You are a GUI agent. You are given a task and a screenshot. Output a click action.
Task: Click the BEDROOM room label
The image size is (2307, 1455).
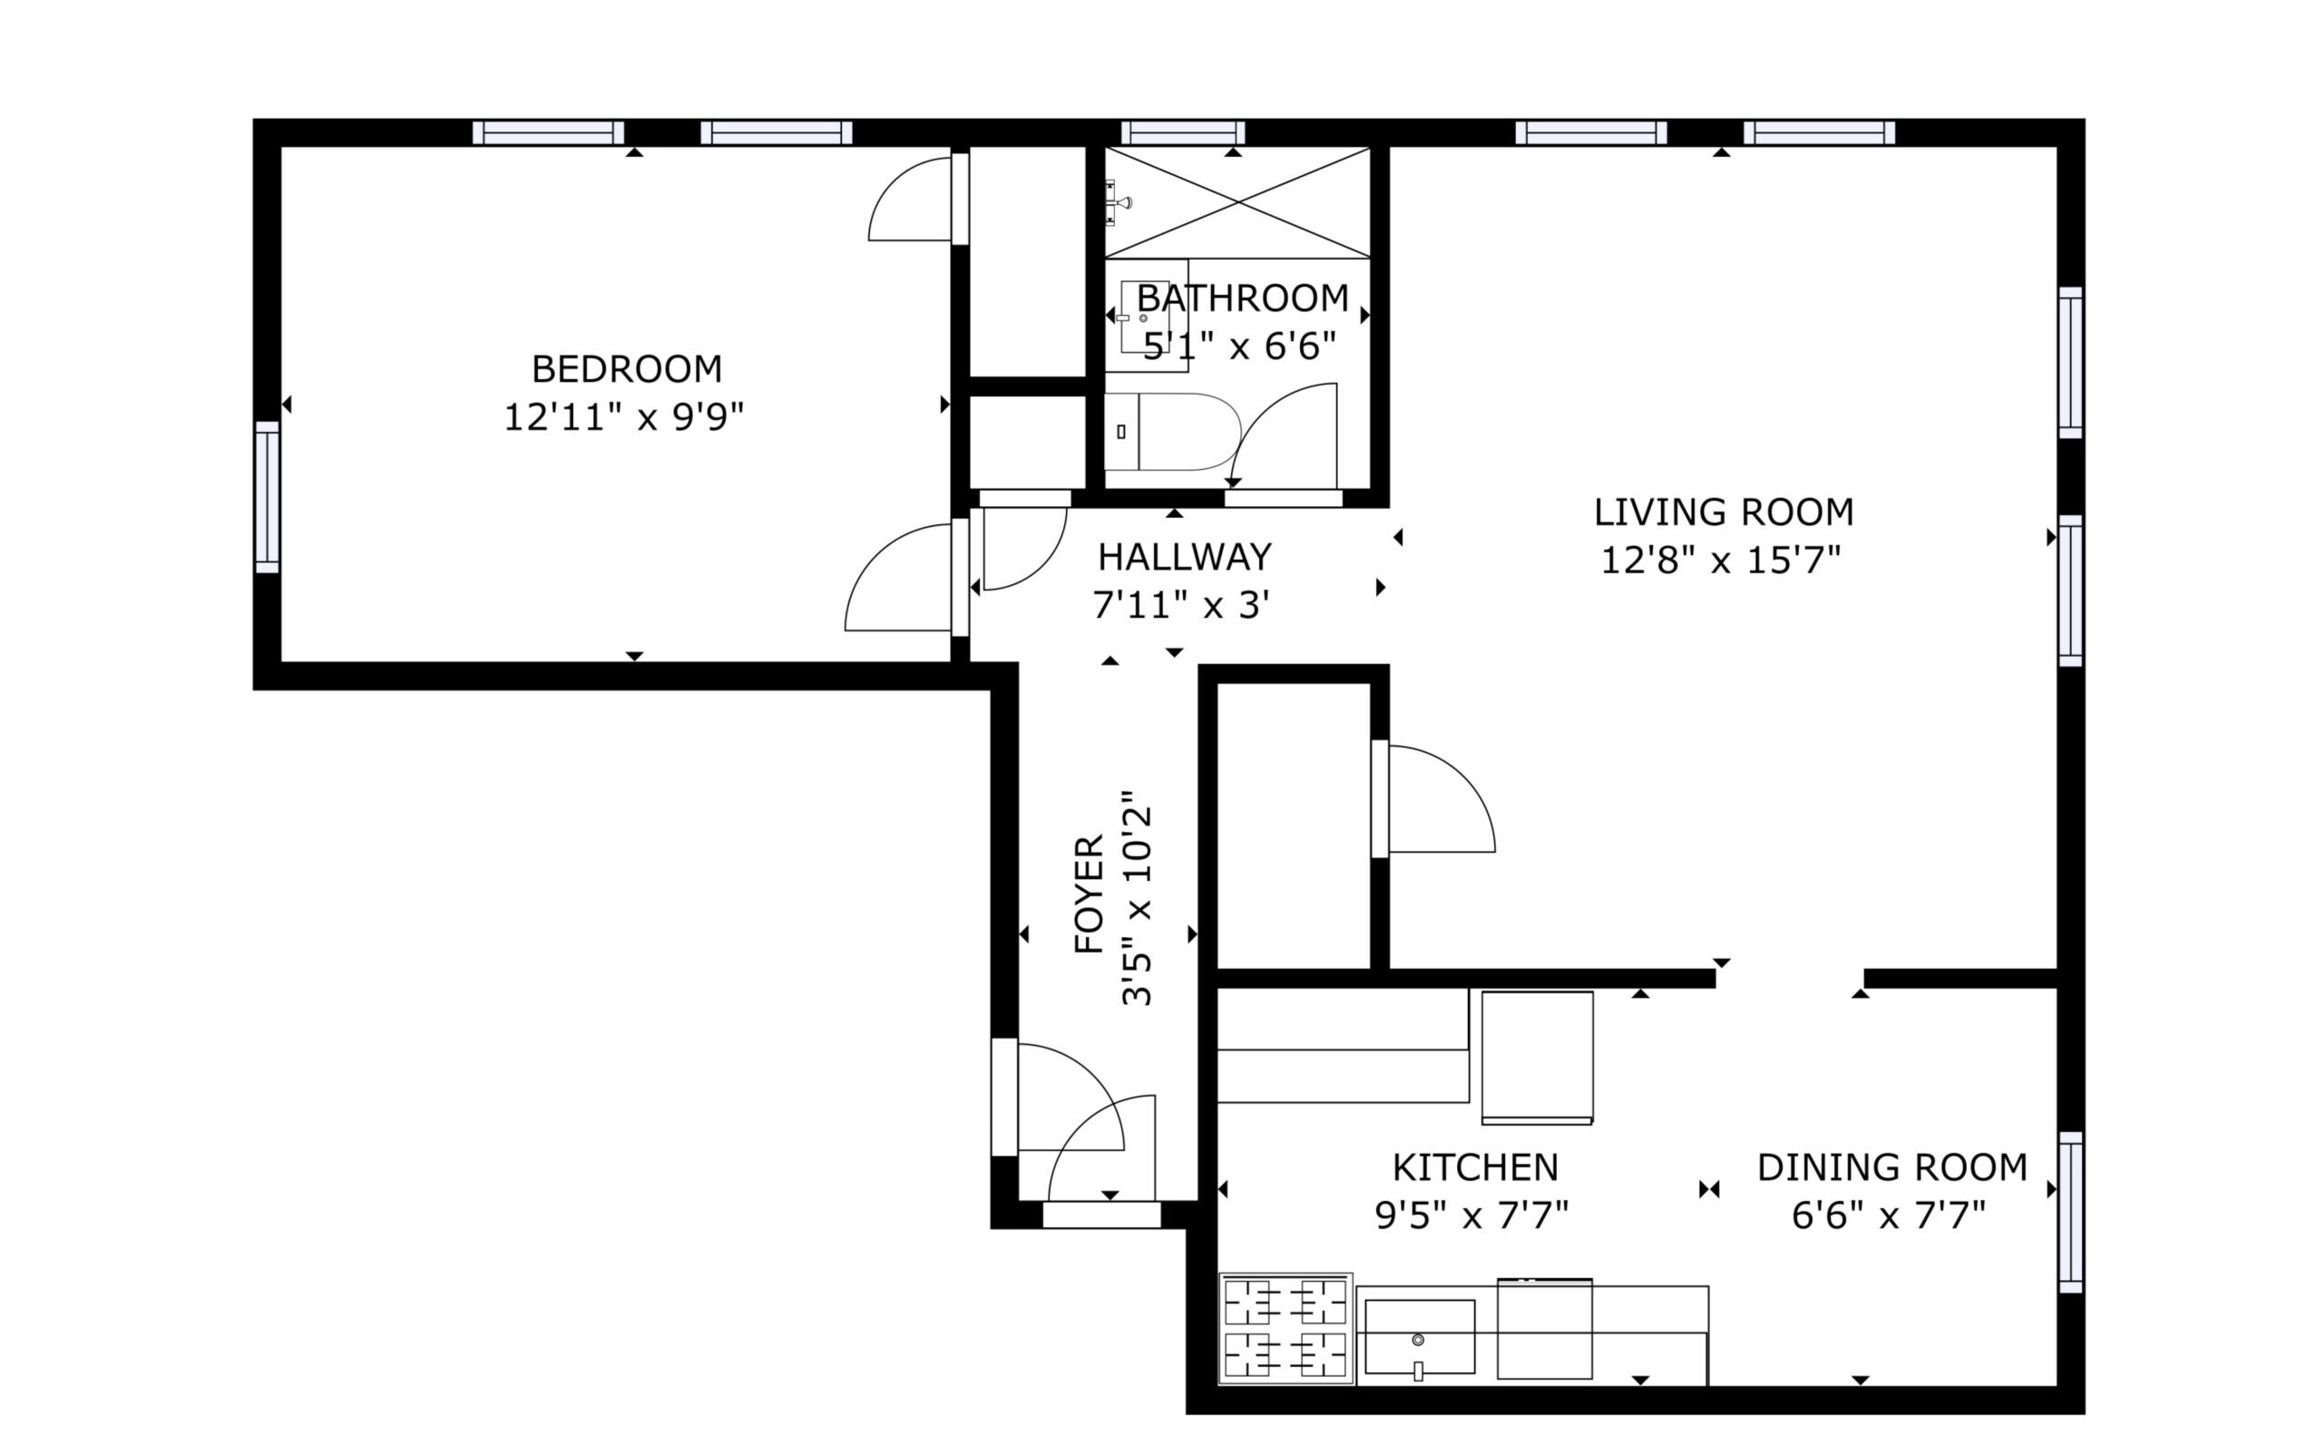627,369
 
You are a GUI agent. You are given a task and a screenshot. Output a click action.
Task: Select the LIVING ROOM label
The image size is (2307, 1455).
1724,513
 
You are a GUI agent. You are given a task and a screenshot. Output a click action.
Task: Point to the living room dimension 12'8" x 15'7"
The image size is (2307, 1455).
1721,561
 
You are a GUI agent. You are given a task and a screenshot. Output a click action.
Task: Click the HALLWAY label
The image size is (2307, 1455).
1184,557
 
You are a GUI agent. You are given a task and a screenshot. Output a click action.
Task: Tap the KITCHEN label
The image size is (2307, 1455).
1475,1167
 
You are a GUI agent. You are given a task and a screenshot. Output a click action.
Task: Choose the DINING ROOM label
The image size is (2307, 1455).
1892,1167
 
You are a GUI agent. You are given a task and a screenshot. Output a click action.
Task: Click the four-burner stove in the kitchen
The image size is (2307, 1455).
1285,1329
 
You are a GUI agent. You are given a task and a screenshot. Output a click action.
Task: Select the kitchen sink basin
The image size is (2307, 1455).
1420,1337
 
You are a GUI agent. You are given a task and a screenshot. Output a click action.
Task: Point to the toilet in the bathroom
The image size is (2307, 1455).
1172,431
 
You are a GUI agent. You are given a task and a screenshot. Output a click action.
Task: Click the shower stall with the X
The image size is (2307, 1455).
1237,202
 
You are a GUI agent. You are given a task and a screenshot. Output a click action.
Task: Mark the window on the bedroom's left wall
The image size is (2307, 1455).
268,497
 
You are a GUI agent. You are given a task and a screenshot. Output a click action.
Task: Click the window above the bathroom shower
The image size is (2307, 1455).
1183,132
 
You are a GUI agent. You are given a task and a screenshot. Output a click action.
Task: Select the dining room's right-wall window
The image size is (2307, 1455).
2070,1213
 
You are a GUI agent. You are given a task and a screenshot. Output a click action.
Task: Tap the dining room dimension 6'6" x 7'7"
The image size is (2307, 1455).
1889,1216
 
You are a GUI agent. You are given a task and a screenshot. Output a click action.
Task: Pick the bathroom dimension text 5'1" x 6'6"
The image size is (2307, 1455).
1240,346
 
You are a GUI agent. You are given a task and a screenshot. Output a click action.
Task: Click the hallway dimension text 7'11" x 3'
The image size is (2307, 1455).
1181,605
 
